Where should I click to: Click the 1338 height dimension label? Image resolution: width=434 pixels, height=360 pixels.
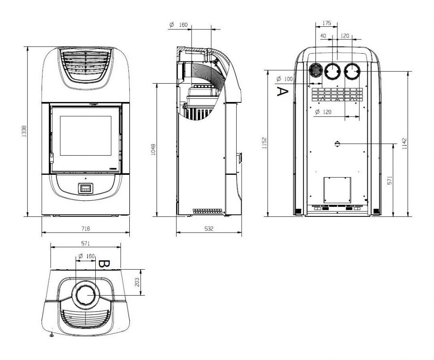tap(24, 131)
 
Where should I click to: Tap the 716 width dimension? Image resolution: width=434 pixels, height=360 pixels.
tap(85, 229)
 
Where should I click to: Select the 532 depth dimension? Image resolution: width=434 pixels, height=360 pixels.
tap(208, 229)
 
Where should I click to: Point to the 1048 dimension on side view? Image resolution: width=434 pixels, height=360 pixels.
tap(153, 149)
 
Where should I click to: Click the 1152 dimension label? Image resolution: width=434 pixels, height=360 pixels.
tap(264, 143)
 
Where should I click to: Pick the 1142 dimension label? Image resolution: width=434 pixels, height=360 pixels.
tap(404, 144)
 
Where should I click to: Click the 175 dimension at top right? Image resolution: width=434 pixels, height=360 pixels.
tap(327, 23)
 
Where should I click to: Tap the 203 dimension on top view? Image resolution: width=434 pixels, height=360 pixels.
tap(137, 282)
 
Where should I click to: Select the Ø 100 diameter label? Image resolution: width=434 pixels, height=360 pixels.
tap(284, 79)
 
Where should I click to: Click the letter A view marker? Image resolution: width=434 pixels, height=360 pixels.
tap(282, 91)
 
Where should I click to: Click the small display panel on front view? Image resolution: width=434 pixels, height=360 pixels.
tap(85, 188)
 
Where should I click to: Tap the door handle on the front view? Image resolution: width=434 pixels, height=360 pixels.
tap(51, 158)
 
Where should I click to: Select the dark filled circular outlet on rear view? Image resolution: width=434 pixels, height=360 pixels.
tap(315, 70)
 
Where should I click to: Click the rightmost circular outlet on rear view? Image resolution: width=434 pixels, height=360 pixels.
tap(352, 71)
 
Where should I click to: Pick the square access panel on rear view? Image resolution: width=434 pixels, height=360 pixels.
tap(337, 190)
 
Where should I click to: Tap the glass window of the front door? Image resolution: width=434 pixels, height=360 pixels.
tap(85, 136)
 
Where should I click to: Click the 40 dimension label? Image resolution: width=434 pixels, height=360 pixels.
tap(323, 36)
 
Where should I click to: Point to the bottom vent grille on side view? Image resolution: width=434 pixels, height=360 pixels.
tap(208, 211)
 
